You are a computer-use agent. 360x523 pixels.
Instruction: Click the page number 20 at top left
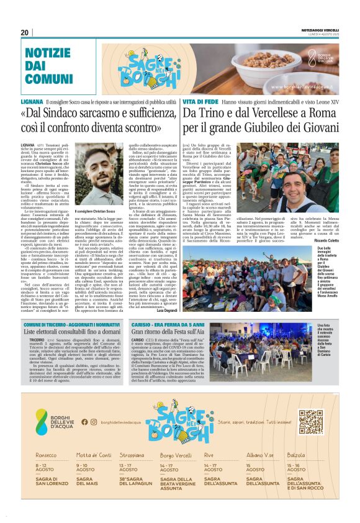[25, 33]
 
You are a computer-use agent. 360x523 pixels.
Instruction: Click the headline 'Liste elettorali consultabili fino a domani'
[86, 332]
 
